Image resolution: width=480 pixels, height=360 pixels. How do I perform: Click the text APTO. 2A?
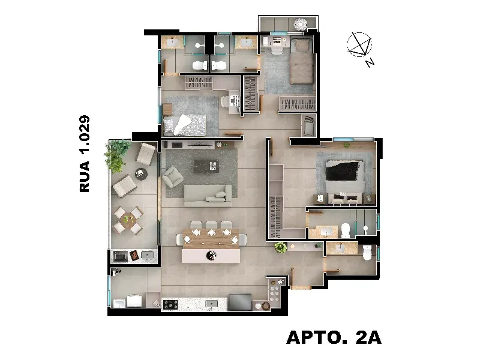[334, 337]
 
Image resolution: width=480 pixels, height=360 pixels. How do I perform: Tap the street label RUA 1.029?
[85, 154]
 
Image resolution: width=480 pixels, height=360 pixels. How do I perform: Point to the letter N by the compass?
[370, 62]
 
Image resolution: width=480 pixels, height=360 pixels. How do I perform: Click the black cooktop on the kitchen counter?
[170, 305]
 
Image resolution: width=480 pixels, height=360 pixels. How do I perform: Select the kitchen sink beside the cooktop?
[211, 304]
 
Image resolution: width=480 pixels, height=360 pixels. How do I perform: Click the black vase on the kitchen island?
[211, 255]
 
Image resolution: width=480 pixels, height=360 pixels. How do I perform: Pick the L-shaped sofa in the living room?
[208, 195]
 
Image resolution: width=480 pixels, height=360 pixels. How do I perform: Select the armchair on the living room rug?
[173, 176]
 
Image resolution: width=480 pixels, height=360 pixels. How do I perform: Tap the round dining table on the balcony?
[128, 220]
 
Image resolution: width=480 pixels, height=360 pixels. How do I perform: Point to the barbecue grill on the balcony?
[121, 256]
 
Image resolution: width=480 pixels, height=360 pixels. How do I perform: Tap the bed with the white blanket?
[185, 125]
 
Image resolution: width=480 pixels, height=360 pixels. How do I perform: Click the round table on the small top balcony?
[301, 24]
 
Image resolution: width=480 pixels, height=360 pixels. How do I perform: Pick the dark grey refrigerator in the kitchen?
[241, 302]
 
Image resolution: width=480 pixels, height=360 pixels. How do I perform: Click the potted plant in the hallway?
[281, 247]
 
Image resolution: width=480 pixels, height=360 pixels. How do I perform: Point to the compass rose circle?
[359, 44]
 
